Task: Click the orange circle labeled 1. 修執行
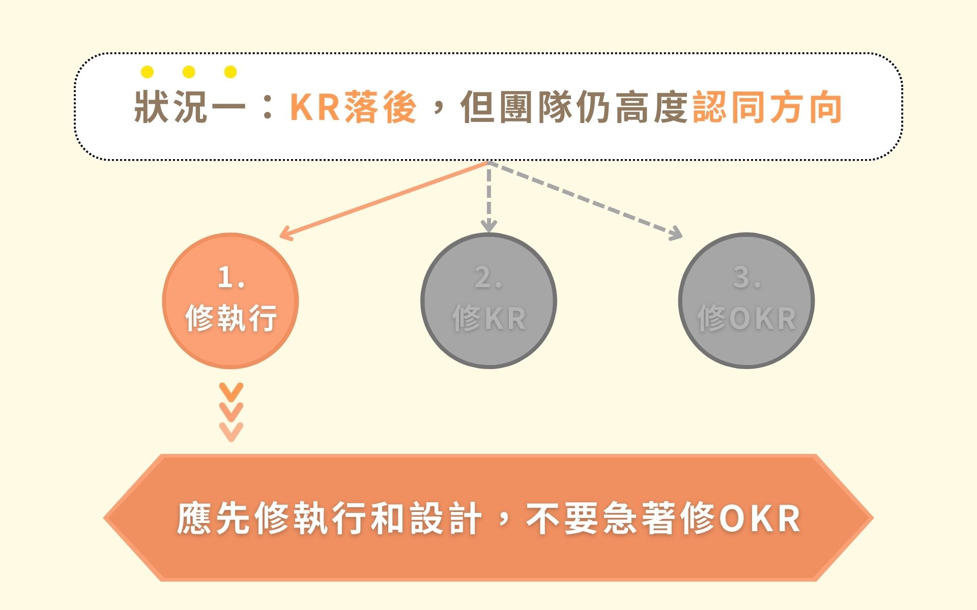click(x=231, y=301)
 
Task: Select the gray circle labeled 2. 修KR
click(x=489, y=301)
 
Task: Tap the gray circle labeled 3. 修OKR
click(x=746, y=301)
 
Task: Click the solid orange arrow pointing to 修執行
click(x=382, y=200)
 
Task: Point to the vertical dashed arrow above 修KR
click(x=489, y=198)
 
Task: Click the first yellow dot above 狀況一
click(x=147, y=72)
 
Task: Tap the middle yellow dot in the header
click(x=189, y=72)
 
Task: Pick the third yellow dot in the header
click(x=231, y=72)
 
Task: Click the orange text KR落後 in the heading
click(x=353, y=108)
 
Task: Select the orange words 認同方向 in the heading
click(x=767, y=108)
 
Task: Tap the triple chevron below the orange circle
click(x=231, y=412)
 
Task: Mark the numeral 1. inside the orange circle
click(x=231, y=278)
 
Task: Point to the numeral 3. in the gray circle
click(x=746, y=278)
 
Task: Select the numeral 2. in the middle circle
click(x=489, y=278)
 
